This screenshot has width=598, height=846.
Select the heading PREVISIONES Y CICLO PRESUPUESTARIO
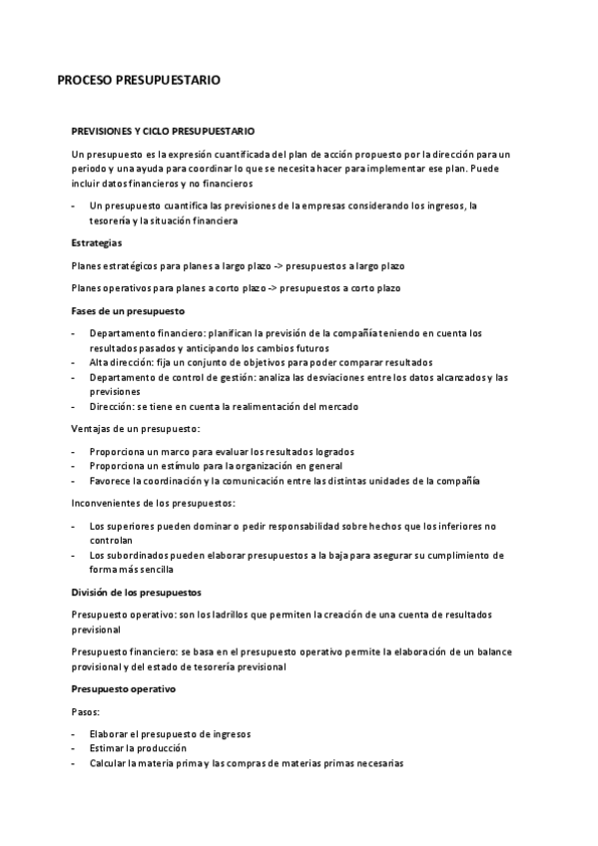[x=163, y=131]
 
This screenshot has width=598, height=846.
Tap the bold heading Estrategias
[x=97, y=242]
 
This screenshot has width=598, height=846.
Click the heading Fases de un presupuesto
[x=121, y=310]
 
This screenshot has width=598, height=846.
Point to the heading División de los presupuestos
[x=136, y=592]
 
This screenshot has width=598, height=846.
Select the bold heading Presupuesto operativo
[x=124, y=688]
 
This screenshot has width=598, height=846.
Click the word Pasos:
[x=86, y=711]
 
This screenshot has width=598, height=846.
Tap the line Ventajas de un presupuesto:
[x=136, y=428]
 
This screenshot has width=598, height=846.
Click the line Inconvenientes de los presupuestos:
[x=154, y=503]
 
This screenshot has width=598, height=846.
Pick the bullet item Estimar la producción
[x=138, y=747]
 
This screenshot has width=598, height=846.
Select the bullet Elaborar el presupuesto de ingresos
[x=170, y=733]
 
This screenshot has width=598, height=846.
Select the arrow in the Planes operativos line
[x=271, y=288]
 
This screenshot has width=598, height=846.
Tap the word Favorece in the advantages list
[x=110, y=481]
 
